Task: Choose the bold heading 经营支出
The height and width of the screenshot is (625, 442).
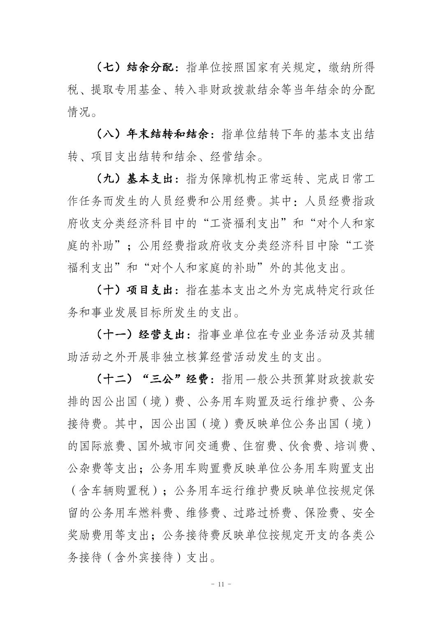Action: tap(163, 335)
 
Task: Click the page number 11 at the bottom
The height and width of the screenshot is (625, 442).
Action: tap(221, 584)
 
